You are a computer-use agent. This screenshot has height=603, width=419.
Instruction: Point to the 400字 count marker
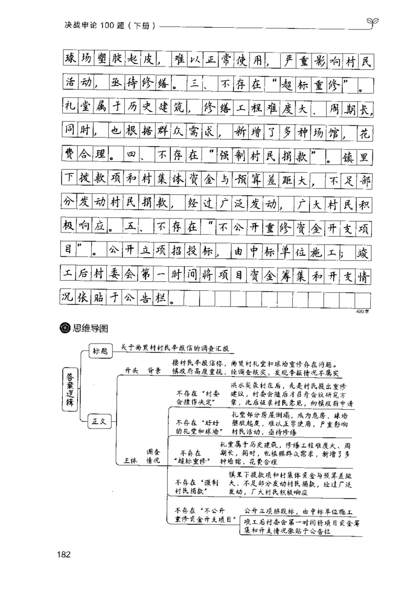tap(362, 311)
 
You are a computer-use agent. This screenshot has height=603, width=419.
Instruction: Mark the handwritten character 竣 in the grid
tap(362, 252)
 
